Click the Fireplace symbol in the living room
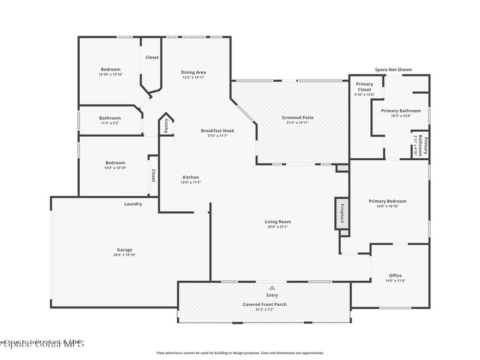[x=342, y=213]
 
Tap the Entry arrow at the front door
[x=272, y=288]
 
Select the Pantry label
[x=166, y=126]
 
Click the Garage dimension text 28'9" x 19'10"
[x=125, y=255]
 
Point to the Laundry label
[x=133, y=204]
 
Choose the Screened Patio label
[x=298, y=117]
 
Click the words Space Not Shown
[x=393, y=70]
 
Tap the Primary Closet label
[x=364, y=87]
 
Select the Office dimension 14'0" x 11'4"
[x=395, y=281]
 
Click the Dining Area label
[x=194, y=72]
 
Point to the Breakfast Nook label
[x=217, y=131]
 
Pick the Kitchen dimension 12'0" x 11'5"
[x=191, y=182]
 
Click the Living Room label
[x=278, y=222]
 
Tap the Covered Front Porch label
[x=264, y=304]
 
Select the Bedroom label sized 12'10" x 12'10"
[x=111, y=69]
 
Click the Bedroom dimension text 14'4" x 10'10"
[x=115, y=168]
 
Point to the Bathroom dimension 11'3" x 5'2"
[x=110, y=123]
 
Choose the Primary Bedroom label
[x=387, y=201]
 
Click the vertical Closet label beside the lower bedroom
[x=153, y=175]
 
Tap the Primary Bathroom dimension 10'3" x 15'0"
[x=401, y=116]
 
